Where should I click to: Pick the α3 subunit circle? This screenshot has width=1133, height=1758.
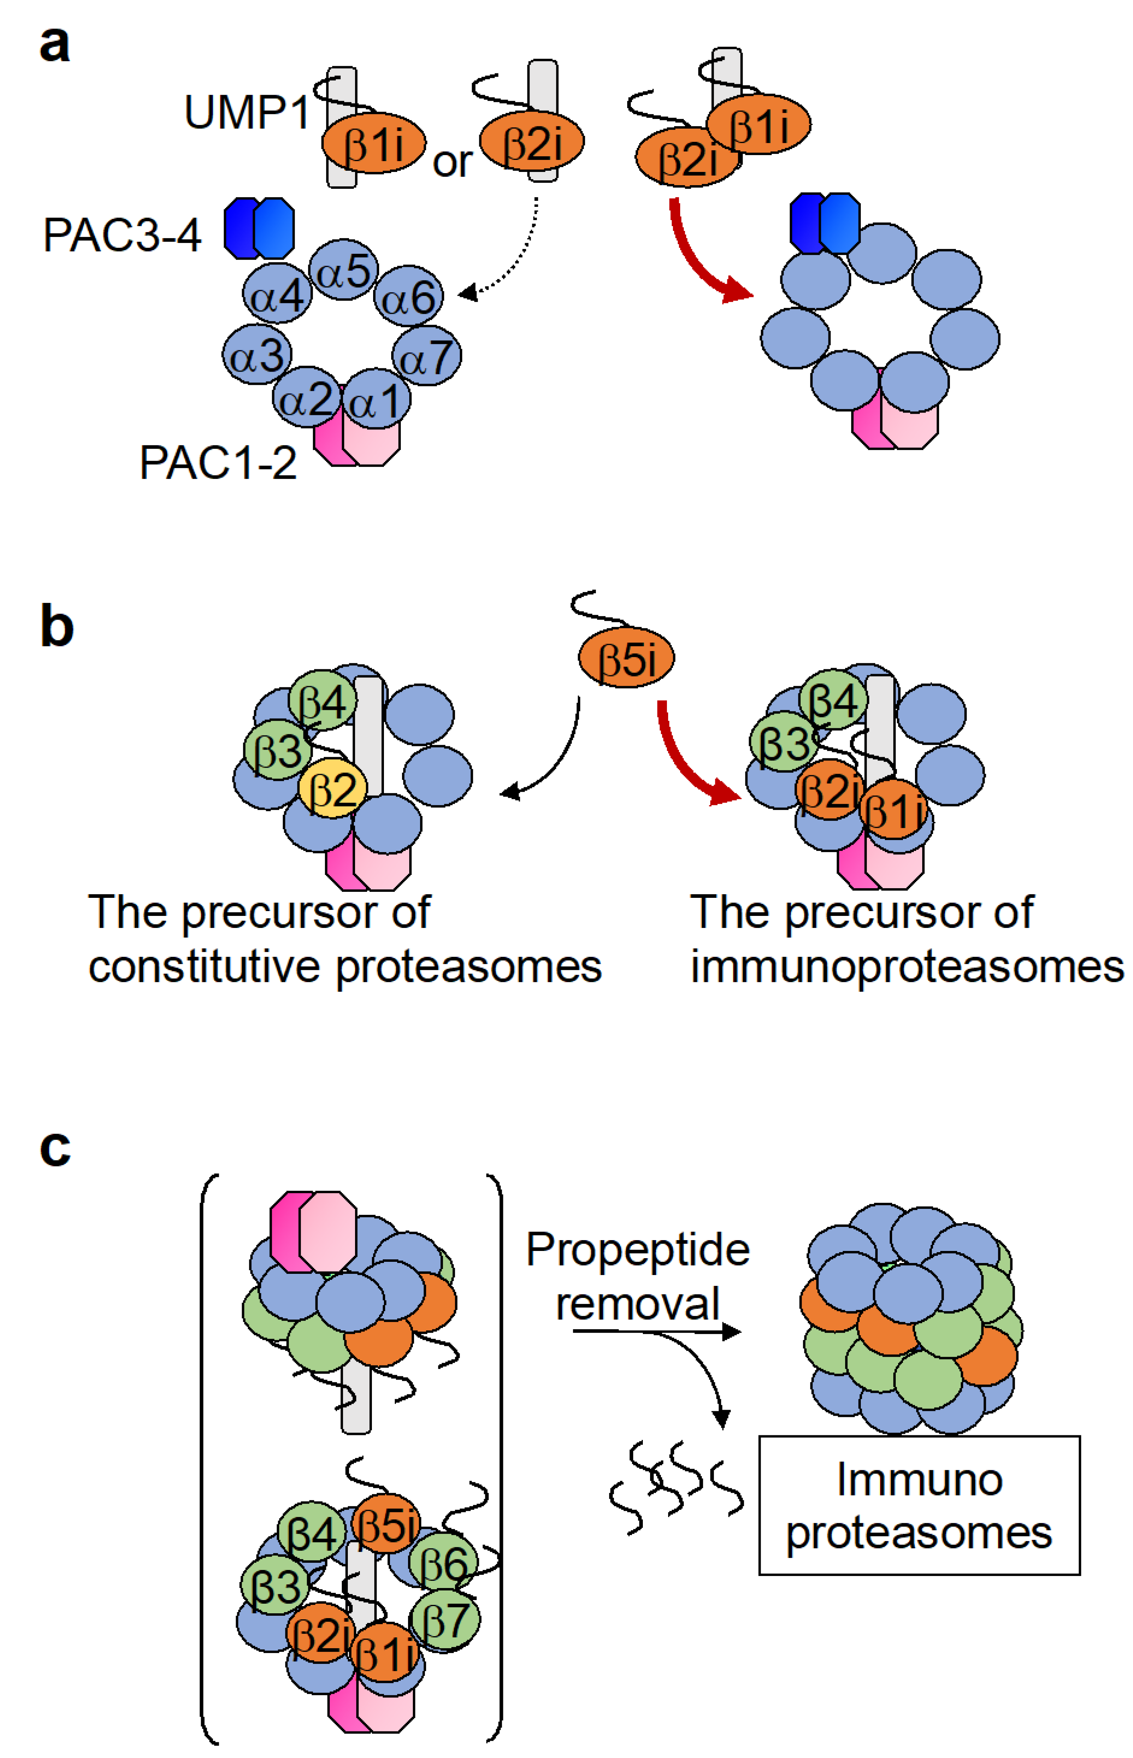[257, 355]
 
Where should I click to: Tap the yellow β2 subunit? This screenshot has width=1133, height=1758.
[333, 788]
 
